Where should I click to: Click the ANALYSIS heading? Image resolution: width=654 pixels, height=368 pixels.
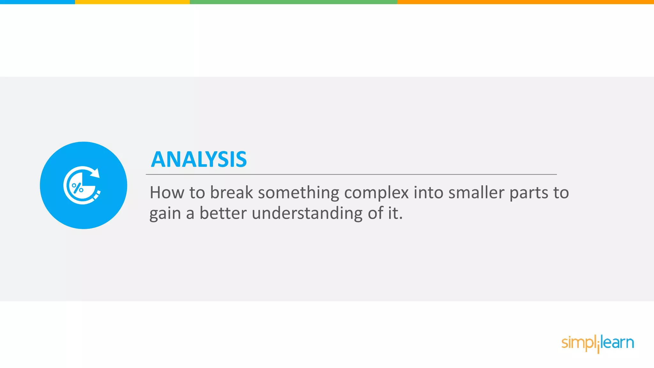coord(199,159)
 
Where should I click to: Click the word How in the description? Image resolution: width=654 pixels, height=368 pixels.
coord(167,193)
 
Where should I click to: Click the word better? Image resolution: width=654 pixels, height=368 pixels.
coord(223,213)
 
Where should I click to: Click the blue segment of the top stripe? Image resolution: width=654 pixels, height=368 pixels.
coord(37,2)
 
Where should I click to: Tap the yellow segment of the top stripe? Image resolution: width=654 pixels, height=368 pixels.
coord(132,2)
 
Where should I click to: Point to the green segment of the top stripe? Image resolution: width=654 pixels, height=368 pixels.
coord(293,2)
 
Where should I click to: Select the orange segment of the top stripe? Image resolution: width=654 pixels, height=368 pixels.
coord(525,2)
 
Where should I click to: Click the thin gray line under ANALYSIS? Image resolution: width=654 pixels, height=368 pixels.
coord(351,174)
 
